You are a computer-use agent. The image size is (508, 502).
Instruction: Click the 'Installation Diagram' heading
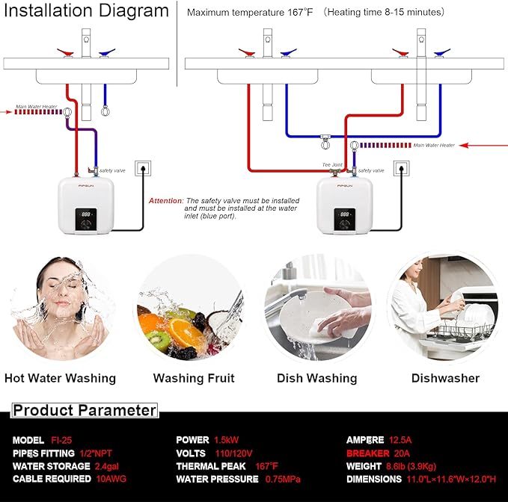[85, 11]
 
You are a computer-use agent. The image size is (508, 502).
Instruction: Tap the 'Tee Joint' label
[331, 164]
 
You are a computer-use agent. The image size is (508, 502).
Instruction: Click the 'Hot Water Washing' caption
[60, 378]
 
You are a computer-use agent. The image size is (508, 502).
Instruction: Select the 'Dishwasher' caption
[445, 378]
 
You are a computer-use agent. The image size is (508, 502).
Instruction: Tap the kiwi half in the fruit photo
[158, 341]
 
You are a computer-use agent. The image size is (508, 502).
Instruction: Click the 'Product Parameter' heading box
[85, 410]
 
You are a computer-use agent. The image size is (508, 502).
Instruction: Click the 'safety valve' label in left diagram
[111, 170]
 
